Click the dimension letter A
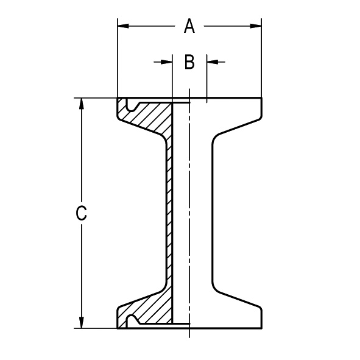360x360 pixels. click(189, 26)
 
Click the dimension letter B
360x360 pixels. click(189, 62)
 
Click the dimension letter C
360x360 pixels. click(81, 213)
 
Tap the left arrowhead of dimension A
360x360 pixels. click(123, 26)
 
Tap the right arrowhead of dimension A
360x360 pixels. click(256, 26)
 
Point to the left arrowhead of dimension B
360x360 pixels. click(167, 62)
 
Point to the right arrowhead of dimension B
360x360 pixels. click(213, 62)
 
